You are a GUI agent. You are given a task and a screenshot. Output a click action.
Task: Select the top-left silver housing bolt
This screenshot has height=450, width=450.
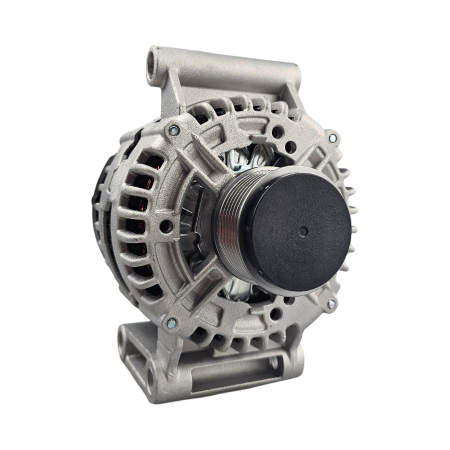point(173,130)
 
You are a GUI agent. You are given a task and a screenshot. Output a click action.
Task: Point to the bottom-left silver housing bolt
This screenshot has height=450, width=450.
point(171,322)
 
